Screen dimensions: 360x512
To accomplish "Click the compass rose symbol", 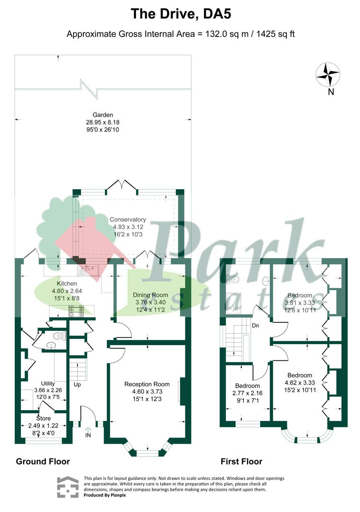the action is coord(328,75).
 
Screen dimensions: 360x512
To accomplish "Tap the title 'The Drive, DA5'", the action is coord(181,14).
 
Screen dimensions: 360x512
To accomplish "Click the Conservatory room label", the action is coord(128,219).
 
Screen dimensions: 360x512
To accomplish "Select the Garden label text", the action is coord(102,115).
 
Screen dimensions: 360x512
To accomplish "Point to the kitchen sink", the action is coord(88,270).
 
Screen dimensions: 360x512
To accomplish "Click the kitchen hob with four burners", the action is coord(76,311).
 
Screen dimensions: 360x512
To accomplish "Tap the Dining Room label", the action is coord(150,295).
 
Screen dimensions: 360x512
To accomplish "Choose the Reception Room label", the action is coord(147,384).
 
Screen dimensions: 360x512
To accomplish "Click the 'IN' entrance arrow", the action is coord(88,432).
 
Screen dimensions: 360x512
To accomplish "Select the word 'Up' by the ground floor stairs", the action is coord(77,384).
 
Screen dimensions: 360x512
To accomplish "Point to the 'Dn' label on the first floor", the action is coord(256,326).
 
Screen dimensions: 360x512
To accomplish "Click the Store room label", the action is coord(44,419).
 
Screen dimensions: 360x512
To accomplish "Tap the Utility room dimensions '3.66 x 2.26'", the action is coord(48,390).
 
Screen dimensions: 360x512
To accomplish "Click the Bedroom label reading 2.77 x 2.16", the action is coord(247,386).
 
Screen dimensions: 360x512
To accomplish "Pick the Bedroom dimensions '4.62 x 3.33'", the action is coord(300,383).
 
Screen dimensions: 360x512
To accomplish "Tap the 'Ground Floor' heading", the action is coord(43,461).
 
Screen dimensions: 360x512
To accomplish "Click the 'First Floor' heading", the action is coord(241,461).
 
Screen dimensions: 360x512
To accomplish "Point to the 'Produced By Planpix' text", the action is coord(104,495).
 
